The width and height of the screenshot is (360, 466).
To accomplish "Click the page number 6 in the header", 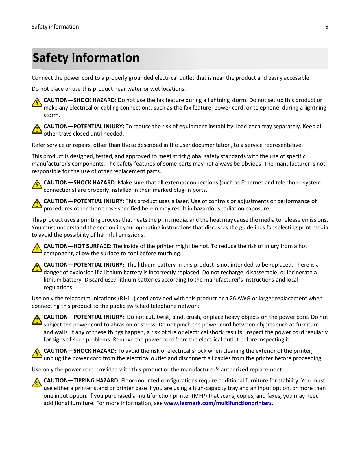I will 326,27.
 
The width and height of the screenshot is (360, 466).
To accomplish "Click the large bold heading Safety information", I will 86,58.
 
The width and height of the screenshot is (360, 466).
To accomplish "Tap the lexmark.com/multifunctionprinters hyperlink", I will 218,403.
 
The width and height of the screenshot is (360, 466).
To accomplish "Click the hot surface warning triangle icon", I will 37,248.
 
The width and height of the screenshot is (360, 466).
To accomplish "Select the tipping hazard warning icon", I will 37,383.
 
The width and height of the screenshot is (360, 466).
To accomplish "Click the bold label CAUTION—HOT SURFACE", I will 77,246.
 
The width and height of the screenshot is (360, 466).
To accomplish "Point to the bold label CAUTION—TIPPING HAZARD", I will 82,381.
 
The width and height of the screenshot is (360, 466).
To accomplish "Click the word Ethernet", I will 252,183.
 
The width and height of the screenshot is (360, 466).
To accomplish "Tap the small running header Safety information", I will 55,27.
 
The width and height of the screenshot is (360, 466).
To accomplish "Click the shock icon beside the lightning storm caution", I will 37,102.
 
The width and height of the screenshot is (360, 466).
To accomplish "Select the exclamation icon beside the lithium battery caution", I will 37,267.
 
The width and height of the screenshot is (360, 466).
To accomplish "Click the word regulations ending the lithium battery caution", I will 58,288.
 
